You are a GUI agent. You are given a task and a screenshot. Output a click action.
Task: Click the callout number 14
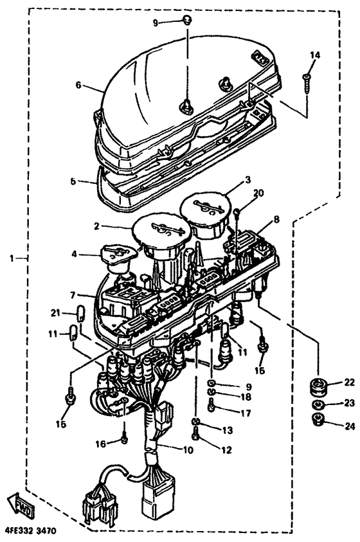click(x=315, y=55)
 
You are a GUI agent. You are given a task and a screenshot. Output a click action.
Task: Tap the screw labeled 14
click(x=307, y=83)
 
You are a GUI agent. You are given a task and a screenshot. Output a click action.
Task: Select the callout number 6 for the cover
click(x=79, y=85)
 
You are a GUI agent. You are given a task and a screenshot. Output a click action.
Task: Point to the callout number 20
click(x=258, y=194)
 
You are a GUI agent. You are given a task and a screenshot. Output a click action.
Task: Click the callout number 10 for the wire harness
click(x=188, y=449)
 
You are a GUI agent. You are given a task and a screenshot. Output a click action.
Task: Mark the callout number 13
click(x=228, y=430)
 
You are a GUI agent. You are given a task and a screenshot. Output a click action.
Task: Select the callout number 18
click(x=246, y=397)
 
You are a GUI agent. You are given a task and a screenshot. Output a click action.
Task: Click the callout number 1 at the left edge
click(x=12, y=258)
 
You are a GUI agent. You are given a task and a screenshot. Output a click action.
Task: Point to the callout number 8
click(x=276, y=219)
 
